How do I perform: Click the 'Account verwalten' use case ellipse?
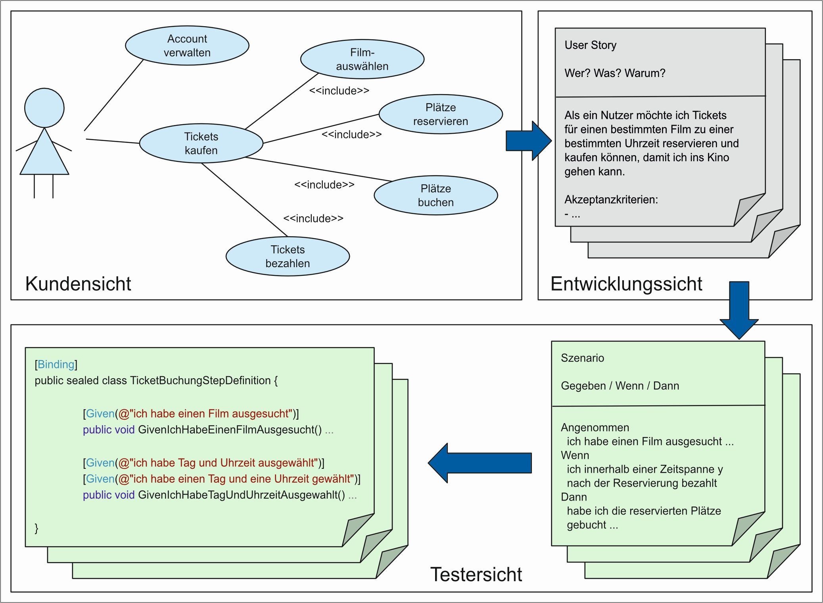coord(187,46)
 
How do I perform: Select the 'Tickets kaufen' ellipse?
coord(201,143)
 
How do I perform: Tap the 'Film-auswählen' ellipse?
coord(362,59)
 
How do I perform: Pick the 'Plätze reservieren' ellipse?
coord(441,114)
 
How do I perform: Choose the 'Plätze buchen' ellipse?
coord(435,195)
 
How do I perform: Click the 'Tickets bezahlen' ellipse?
coord(288,256)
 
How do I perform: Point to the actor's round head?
coord(44,108)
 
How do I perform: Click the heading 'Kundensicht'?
coord(78,284)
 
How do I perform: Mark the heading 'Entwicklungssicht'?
coord(626,284)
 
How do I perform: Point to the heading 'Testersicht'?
coord(476,574)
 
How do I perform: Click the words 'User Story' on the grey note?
coord(590,45)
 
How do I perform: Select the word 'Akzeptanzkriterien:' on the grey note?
coord(611,199)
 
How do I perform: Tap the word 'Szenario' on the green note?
coord(582,358)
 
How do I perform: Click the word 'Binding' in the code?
coord(56,364)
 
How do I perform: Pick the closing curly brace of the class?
coord(36,528)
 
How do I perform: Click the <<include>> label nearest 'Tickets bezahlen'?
coord(313,219)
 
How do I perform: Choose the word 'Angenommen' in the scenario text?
coord(595,428)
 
